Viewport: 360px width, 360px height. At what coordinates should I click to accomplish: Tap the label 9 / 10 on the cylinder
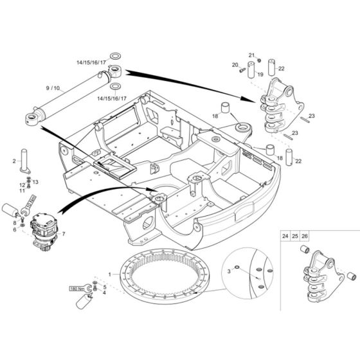pos(52,87)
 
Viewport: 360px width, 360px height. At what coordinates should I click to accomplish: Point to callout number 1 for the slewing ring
pos(109,275)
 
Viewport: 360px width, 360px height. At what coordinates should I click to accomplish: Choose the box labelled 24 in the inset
pos(285,237)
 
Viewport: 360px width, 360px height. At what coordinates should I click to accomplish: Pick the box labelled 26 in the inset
pos(304,237)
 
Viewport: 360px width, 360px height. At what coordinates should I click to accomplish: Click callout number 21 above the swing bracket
pos(252,55)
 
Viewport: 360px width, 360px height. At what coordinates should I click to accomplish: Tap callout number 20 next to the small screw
pos(235,64)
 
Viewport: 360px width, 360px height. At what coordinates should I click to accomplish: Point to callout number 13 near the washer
pos(35,182)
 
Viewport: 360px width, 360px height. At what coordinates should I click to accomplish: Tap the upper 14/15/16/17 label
pos(91,62)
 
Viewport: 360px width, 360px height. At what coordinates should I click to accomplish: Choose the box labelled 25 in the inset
pos(294,237)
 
